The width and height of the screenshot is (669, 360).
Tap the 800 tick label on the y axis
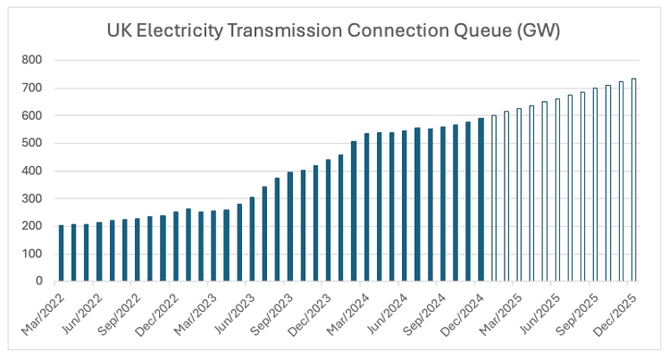click(x=32, y=61)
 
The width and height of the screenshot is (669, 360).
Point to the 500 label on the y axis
click(x=32, y=143)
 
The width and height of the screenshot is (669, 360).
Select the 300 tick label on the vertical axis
click(x=32, y=198)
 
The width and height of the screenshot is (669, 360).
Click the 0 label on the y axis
click(x=39, y=280)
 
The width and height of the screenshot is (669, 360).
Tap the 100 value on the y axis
click(x=32, y=254)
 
